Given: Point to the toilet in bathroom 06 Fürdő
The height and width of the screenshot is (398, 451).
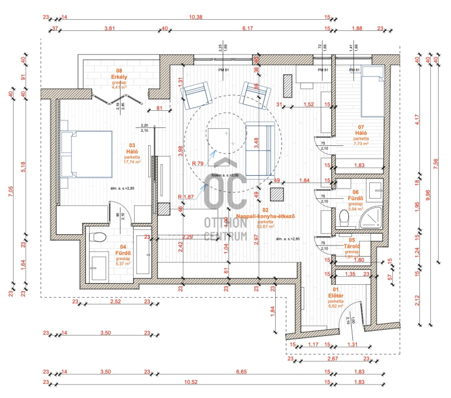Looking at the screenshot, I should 346,216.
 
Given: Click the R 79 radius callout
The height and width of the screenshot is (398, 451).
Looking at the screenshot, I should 197,163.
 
